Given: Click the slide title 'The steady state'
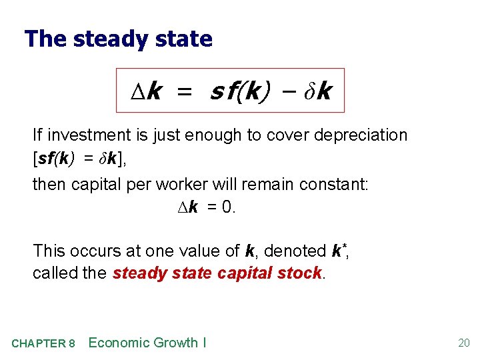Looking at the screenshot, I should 118,39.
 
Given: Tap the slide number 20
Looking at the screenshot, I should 463,343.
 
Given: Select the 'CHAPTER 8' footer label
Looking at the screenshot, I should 43,343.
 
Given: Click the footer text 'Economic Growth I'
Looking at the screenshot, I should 147,343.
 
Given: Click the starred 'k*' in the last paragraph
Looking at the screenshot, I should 339,251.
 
